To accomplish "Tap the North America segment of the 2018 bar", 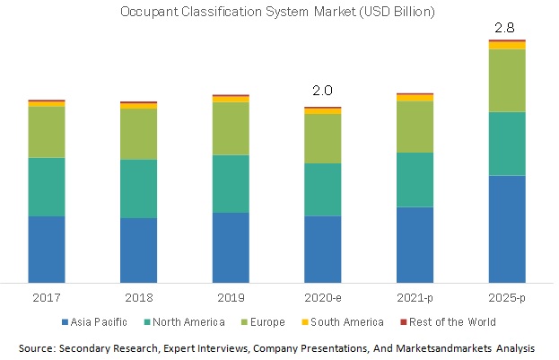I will [x=138, y=189].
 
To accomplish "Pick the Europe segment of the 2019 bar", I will [x=231, y=128].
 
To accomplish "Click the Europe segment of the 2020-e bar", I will [x=323, y=138].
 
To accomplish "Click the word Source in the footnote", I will [x=39, y=347].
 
